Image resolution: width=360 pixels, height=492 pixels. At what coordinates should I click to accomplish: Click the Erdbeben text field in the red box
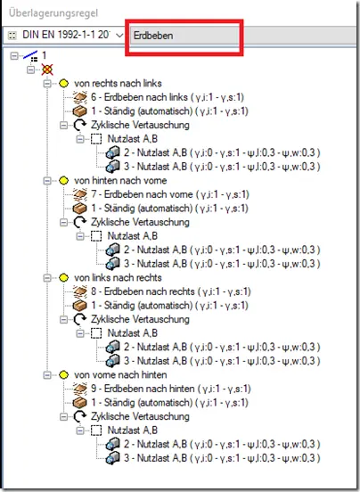(184, 36)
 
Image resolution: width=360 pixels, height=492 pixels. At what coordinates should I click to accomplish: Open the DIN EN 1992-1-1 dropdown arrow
(119, 36)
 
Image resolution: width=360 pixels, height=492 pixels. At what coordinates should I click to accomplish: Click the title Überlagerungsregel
(53, 13)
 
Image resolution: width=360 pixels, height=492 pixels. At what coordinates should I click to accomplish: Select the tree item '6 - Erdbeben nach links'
(168, 97)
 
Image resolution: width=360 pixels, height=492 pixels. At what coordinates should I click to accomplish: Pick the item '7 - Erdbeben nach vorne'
(170, 194)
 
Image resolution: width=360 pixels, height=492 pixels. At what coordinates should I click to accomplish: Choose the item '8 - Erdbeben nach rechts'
(171, 291)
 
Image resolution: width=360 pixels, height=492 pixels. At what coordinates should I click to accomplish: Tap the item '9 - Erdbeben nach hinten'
(171, 389)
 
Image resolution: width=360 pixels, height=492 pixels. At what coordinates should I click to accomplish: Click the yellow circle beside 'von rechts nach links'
(63, 84)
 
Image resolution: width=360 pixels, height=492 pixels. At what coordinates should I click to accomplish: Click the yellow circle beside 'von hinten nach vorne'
(63, 181)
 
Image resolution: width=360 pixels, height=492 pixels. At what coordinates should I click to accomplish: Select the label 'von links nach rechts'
(118, 278)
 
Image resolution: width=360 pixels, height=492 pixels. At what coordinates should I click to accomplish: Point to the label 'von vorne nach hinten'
(120, 375)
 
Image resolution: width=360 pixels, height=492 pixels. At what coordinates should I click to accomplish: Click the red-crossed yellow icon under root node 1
(47, 70)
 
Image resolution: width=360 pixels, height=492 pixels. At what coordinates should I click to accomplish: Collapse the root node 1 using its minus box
(13, 56)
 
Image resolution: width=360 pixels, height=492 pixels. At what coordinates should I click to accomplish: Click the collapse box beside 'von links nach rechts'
(47, 278)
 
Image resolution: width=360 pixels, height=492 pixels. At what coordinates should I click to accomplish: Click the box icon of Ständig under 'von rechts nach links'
(79, 111)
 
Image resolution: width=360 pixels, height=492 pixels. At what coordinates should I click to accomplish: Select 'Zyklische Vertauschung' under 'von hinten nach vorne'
(140, 222)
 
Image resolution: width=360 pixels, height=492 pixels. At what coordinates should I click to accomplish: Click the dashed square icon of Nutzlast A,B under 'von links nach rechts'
(96, 333)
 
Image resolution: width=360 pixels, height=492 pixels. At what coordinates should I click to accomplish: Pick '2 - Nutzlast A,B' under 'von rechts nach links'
(222, 152)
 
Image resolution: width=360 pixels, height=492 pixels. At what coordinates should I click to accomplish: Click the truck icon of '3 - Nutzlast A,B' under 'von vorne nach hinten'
(113, 458)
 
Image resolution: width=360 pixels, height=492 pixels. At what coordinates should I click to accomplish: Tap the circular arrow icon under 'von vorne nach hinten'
(79, 417)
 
